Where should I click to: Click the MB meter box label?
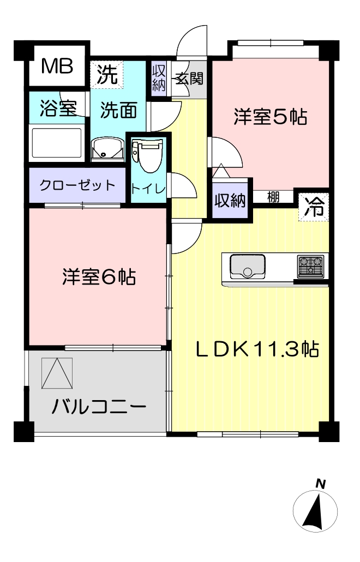pyautogui.click(x=57, y=67)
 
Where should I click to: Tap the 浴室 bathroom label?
pyautogui.click(x=58, y=108)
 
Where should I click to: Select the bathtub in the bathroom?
pyautogui.click(x=57, y=143)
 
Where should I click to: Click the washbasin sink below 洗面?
pyautogui.click(x=107, y=148)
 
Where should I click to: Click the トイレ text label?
pyautogui.click(x=148, y=189)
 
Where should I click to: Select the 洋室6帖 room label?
pyautogui.click(x=99, y=277)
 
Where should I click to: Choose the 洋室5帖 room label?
pyautogui.click(x=271, y=117)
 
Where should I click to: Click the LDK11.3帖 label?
pyautogui.click(x=257, y=349)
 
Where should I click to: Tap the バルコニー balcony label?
pyautogui.click(x=99, y=407)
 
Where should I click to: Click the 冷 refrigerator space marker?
pyautogui.click(x=314, y=207)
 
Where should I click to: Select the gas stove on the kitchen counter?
pyautogui.click(x=310, y=267)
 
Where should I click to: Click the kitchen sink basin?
pyautogui.click(x=247, y=267)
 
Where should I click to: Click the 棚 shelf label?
pyautogui.click(x=273, y=197)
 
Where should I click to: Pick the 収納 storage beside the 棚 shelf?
pyautogui.click(x=230, y=201)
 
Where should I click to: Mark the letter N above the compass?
pyautogui.click(x=320, y=485)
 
